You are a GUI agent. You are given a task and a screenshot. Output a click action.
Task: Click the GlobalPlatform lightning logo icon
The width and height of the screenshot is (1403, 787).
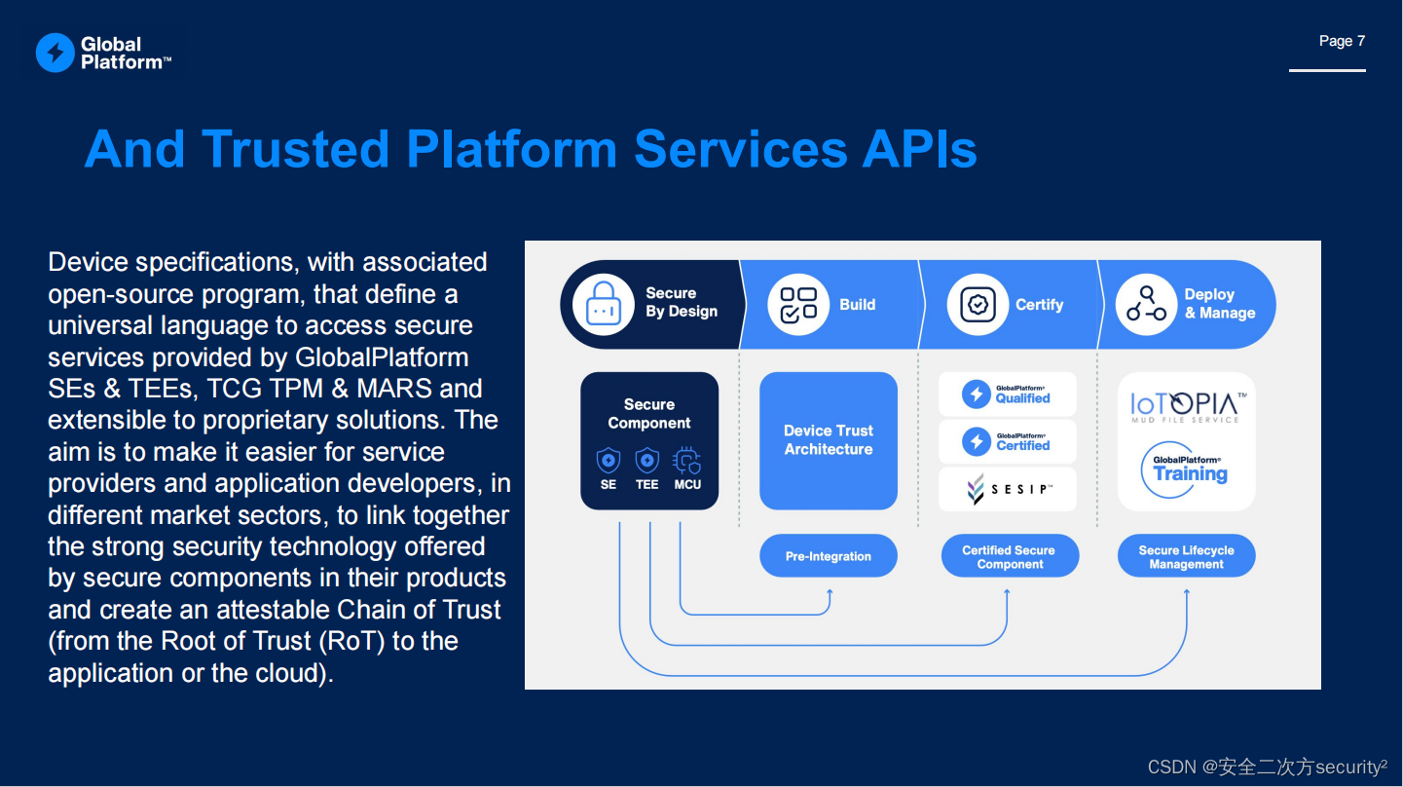point(55,53)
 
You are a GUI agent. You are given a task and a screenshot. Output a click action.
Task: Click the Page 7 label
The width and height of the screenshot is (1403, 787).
point(1342,41)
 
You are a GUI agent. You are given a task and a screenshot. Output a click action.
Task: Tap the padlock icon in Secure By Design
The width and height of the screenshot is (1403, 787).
point(604,304)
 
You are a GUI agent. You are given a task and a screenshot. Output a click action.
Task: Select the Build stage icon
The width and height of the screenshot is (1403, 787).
point(798,304)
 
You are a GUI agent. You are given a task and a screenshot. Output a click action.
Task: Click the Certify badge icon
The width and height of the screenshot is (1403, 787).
point(978,304)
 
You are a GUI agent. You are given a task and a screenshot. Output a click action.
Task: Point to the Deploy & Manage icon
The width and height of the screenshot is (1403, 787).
point(1146,304)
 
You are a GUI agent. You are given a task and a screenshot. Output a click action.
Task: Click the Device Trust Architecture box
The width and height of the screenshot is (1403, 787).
point(829,440)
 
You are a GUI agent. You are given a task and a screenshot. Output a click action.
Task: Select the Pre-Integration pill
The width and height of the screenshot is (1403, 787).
point(829,556)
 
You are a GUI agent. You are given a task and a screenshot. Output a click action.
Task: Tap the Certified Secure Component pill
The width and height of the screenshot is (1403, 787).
point(1010,557)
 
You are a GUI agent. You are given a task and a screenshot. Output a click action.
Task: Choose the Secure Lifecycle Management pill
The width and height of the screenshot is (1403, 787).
point(1186,557)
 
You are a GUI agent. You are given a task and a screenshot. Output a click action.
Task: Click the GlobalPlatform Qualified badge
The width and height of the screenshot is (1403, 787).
point(1008,393)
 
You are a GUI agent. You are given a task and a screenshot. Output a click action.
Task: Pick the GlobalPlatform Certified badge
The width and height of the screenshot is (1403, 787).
point(1008,441)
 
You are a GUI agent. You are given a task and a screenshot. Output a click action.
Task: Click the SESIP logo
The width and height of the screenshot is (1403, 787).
point(1008,489)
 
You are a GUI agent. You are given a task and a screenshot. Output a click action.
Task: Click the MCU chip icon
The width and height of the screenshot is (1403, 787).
point(686,460)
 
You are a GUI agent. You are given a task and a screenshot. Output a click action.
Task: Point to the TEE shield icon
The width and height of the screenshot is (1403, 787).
point(647,460)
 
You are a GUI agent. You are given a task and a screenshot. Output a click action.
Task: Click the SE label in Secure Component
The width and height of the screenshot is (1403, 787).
point(609,484)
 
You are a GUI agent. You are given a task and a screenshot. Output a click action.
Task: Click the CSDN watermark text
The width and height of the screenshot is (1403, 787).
point(1267,768)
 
